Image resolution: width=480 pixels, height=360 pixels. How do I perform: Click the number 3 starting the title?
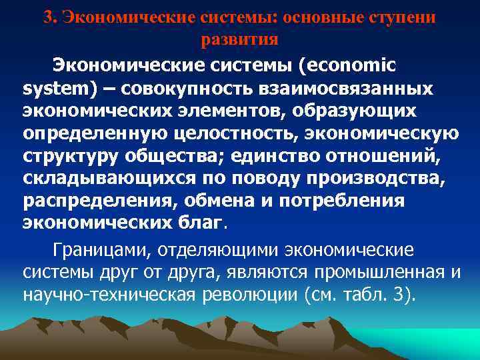(x=47, y=17)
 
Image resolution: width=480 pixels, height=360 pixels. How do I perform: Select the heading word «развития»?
(x=239, y=39)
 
